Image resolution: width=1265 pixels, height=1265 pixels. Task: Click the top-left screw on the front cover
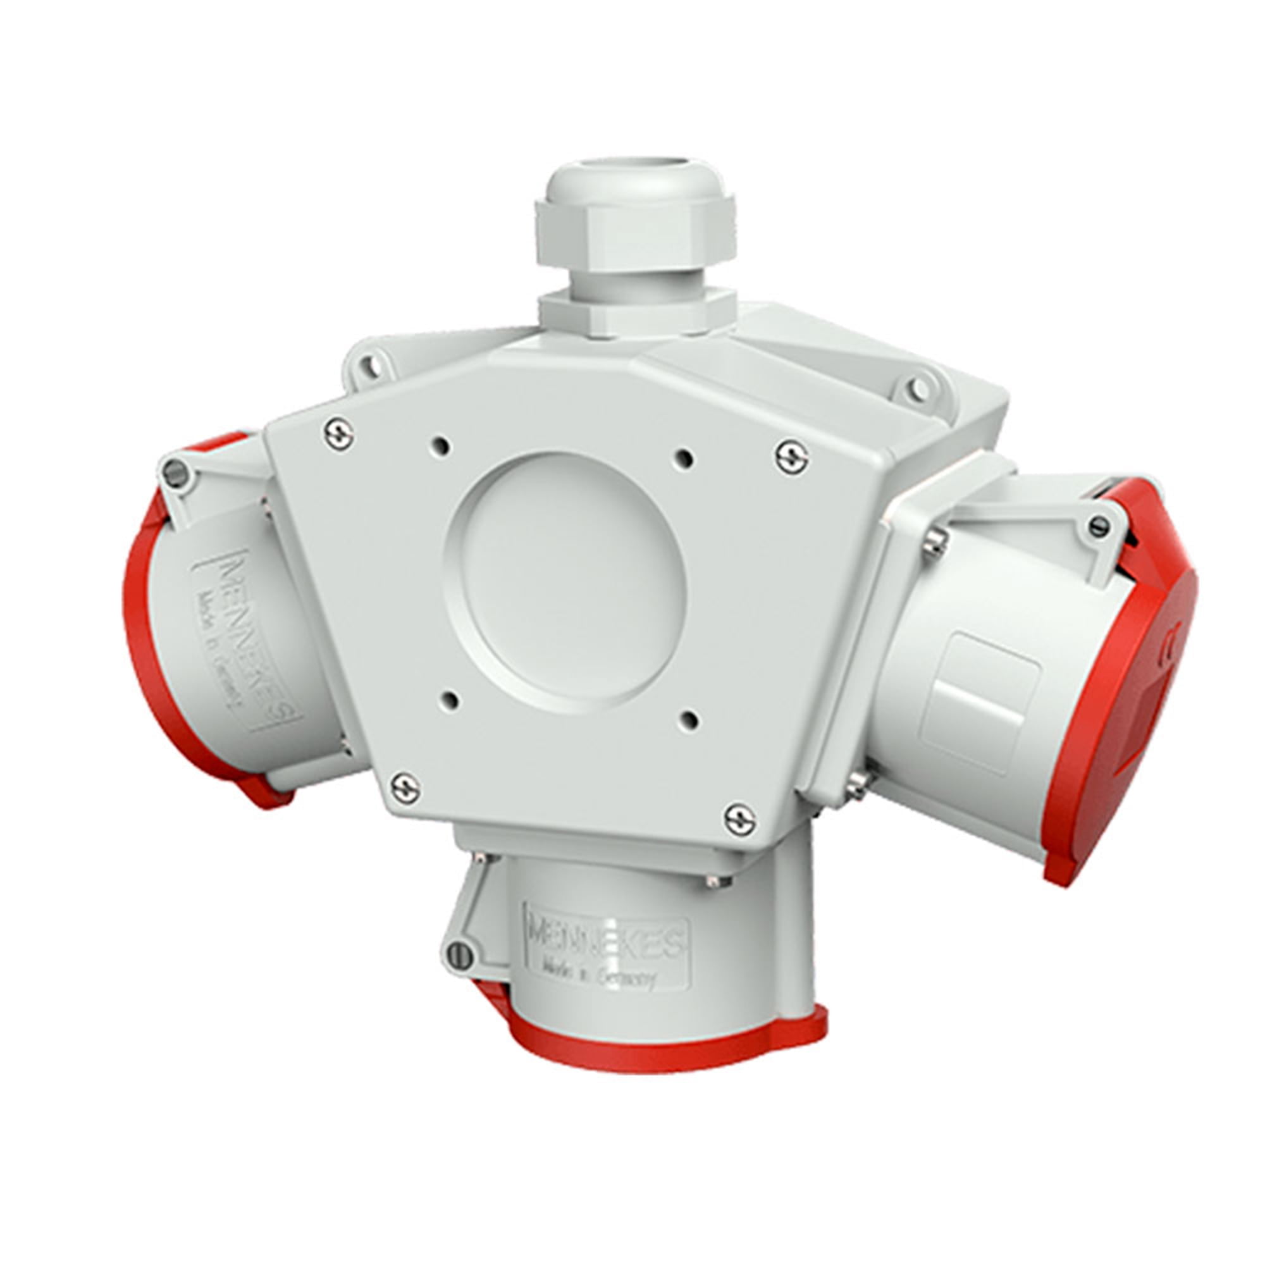coord(339,433)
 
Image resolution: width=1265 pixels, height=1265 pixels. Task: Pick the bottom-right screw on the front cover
coord(741,820)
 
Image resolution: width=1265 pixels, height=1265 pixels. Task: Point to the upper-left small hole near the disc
coord(443,448)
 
